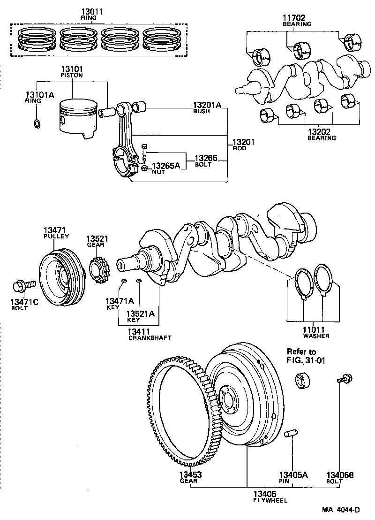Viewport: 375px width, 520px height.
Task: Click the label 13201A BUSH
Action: coord(207,108)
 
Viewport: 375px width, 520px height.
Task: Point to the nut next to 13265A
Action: coord(145,168)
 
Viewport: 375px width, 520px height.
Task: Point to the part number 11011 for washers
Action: coord(314,330)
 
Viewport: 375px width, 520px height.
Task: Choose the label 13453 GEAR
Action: coord(189,477)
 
